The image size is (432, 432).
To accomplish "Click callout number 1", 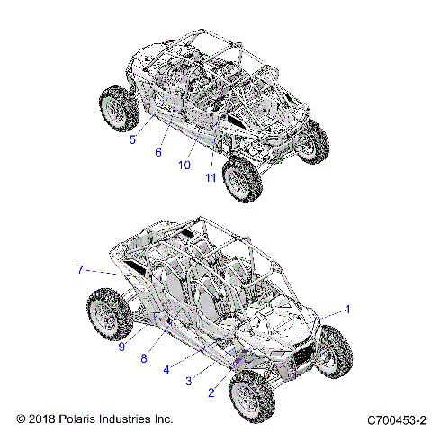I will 348,310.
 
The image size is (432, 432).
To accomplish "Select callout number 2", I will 211,391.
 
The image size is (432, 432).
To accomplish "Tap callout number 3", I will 188,381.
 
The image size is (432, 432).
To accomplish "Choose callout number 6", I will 158,152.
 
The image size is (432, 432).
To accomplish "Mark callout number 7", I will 80,269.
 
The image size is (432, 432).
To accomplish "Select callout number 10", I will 184,165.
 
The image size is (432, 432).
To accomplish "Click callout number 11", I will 211,177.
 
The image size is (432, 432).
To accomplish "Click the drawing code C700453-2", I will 396,419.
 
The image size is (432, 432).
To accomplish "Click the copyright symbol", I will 22,419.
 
